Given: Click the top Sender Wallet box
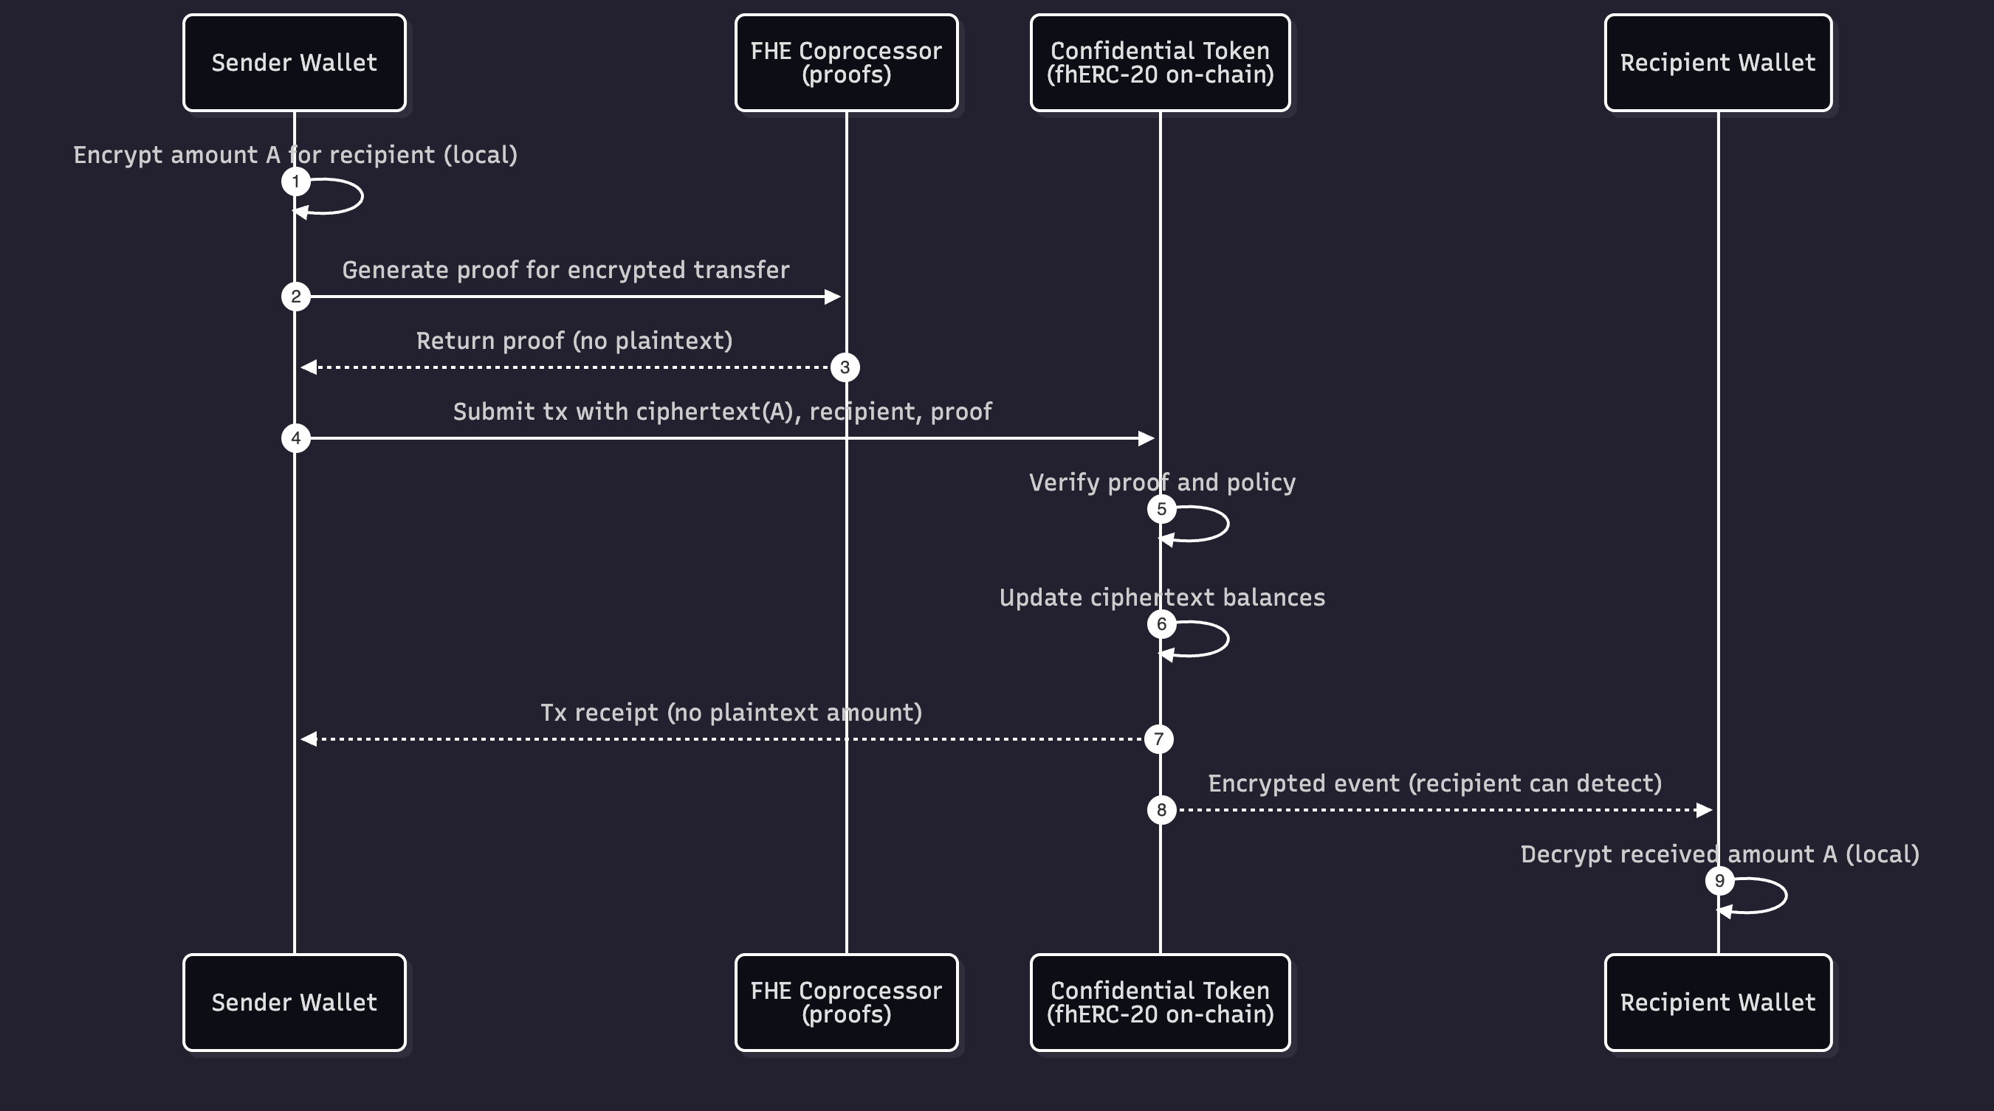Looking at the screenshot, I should tap(294, 63).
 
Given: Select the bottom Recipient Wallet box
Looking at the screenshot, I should tap(1718, 1002).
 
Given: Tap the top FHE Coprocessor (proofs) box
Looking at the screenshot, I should tap(846, 63).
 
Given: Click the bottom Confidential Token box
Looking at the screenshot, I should tap(1160, 1002).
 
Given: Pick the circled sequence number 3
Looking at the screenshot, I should tap(845, 367).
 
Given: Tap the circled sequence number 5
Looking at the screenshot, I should tap(1161, 509).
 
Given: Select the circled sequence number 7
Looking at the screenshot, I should tap(1158, 739).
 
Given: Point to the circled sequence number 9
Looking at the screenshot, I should tap(1719, 880).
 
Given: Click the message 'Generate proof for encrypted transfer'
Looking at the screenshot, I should tap(565, 270).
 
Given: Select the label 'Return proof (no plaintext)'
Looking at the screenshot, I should tap(574, 341).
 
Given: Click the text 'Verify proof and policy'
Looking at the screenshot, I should tap(1162, 482).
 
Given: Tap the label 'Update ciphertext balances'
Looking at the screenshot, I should tap(1162, 598).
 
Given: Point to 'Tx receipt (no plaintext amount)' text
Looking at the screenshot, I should tap(731, 713).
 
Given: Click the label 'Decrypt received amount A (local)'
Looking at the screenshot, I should tap(1719, 854).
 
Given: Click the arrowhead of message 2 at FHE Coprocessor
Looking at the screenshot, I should tap(833, 297).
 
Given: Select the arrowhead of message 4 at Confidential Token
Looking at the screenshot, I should tap(1146, 438).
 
